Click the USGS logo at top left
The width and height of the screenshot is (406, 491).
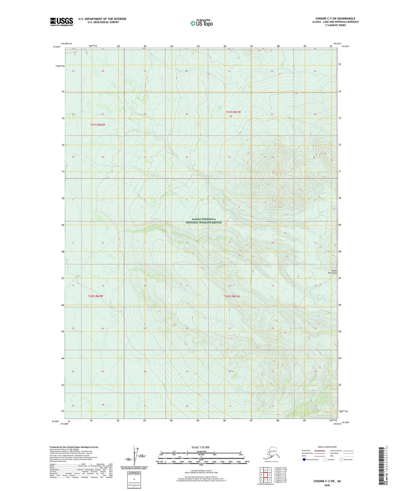tap(61, 22)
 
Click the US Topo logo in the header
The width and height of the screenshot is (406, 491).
tap(201, 23)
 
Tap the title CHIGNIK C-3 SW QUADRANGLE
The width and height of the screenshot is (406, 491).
tap(335, 19)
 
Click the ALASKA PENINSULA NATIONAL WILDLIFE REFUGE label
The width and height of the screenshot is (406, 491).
tap(203, 221)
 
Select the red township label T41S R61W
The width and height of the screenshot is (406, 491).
tap(233, 112)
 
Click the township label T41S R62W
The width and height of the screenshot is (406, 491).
tap(97, 125)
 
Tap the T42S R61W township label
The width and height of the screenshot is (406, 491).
tap(232, 296)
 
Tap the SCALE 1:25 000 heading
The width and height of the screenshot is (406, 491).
tap(201, 447)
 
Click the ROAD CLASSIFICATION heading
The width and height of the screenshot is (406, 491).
tap(327, 447)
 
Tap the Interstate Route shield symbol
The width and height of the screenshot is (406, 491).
tap(305, 460)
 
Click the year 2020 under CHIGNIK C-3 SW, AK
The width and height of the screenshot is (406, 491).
tap(327, 485)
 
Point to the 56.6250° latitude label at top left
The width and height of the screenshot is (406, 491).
tap(56, 47)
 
